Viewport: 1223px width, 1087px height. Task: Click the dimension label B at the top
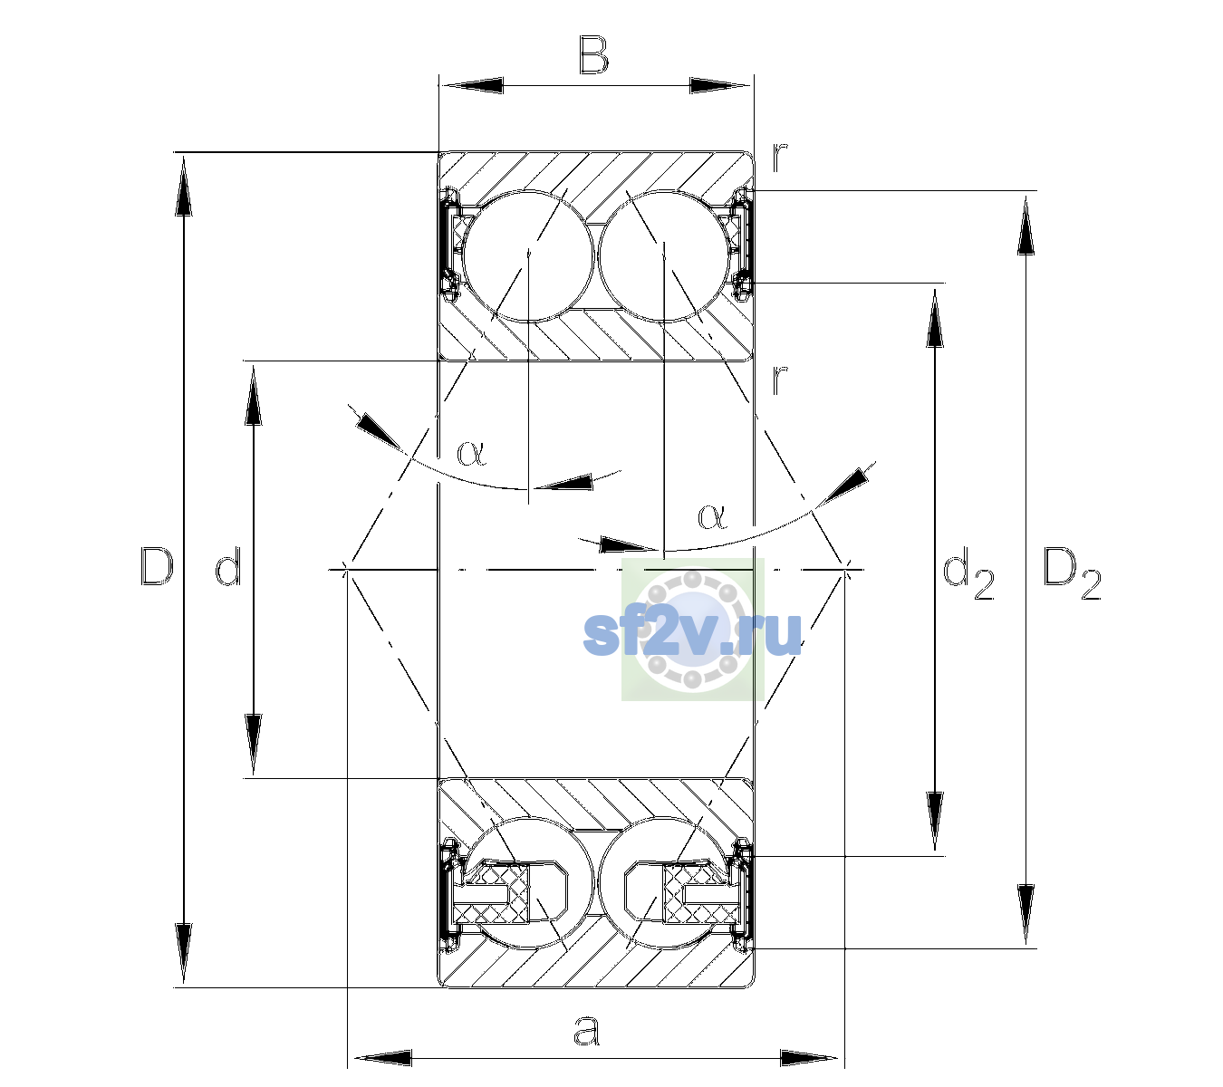tap(593, 55)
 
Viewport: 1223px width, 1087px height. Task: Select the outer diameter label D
tap(157, 566)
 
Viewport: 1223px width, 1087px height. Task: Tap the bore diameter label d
tap(228, 566)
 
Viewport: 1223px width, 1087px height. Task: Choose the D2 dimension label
tap(1072, 573)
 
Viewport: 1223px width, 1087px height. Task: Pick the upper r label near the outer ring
tap(780, 158)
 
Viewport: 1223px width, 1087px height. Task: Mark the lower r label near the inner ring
tap(780, 380)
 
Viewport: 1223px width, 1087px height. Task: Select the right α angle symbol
tap(713, 516)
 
